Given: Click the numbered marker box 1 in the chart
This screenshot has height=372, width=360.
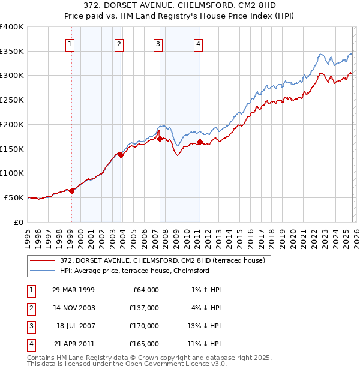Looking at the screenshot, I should (x=71, y=43).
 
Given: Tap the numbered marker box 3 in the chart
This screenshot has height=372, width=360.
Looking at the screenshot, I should (x=158, y=43).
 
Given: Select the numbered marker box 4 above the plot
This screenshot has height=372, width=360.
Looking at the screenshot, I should (x=198, y=43).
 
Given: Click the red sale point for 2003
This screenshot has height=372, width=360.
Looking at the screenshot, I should (x=121, y=155).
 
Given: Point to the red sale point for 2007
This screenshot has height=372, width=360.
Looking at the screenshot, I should (x=160, y=139).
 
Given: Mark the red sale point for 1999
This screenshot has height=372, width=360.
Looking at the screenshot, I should (x=71, y=191).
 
